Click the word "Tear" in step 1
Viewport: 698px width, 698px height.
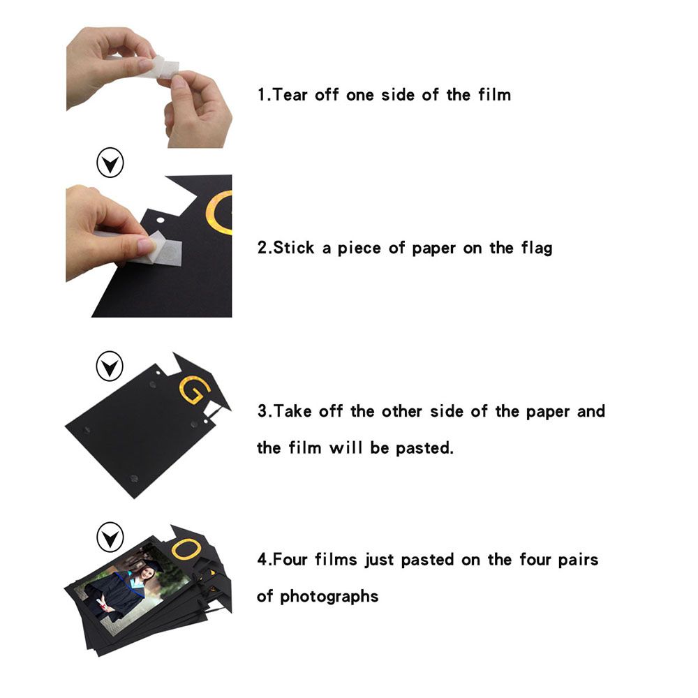[290, 95]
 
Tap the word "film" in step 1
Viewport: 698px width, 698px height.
[494, 95]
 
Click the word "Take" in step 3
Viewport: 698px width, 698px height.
[292, 411]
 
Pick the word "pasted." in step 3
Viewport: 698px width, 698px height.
[424, 448]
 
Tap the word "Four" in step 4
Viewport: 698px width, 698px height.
[290, 559]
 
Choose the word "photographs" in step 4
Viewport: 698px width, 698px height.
[329, 597]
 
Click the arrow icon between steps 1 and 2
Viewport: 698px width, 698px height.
[110, 163]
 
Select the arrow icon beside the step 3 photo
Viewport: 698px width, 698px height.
[110, 366]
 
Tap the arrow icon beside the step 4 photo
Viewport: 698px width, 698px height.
[110, 537]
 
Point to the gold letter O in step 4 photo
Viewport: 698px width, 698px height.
[186, 549]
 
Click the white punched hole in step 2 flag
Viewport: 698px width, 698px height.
[161, 221]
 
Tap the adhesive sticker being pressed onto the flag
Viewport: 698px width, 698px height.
[167, 250]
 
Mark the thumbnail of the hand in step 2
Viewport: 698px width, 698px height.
[146, 245]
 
